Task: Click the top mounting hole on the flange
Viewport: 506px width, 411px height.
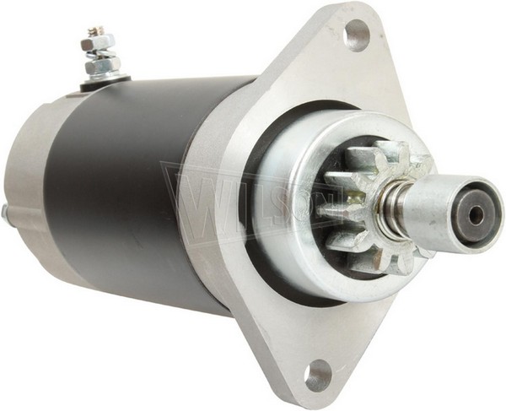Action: tap(357, 35)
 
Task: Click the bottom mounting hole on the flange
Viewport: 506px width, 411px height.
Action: tap(317, 375)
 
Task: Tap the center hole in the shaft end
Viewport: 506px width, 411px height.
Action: tap(475, 217)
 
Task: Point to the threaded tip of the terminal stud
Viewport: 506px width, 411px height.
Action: tap(94, 31)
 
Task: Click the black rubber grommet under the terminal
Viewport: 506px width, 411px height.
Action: tap(105, 83)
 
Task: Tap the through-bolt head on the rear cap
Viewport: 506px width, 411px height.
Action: tap(4, 213)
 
